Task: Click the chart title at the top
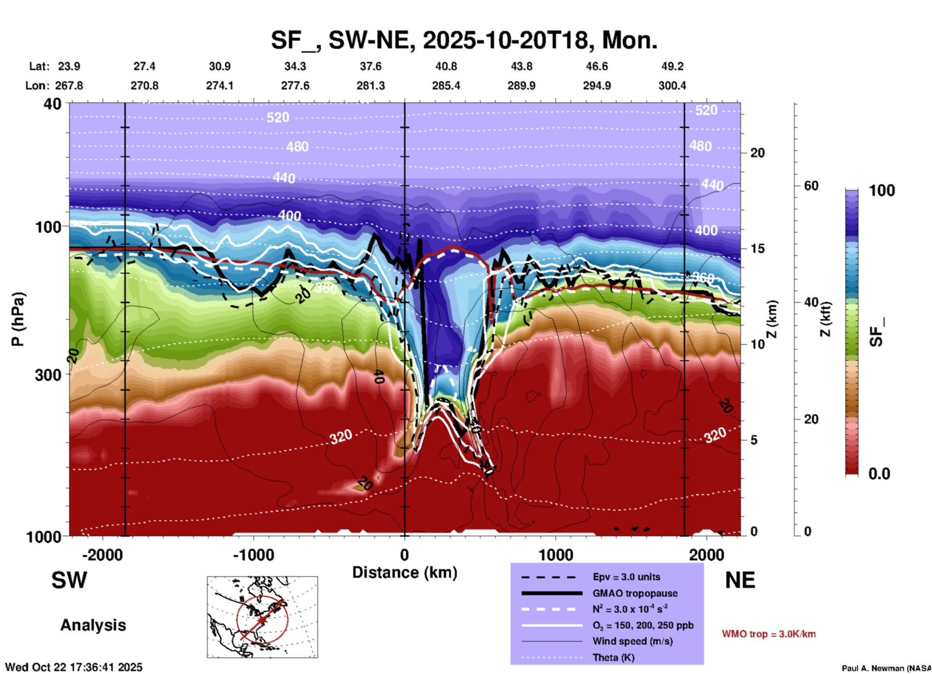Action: [x=464, y=40]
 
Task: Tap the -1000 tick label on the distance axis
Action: [x=253, y=555]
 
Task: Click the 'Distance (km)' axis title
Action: [x=405, y=572]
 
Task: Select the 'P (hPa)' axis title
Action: [x=17, y=319]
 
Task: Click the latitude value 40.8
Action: [x=446, y=66]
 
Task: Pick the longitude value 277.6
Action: [x=295, y=86]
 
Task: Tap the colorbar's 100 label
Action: [x=882, y=190]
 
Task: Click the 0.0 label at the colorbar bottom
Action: [x=879, y=474]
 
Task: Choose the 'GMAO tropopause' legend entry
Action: [x=635, y=593]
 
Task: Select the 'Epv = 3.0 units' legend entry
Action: [x=626, y=577]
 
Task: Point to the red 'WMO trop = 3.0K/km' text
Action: [x=768, y=634]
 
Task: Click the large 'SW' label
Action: [x=69, y=580]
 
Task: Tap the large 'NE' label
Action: [x=740, y=580]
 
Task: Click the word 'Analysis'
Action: [x=93, y=625]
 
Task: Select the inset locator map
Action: [x=262, y=616]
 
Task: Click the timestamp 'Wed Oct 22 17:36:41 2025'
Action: [x=74, y=667]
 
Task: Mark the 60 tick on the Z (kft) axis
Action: [x=811, y=186]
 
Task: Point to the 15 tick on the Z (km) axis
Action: [x=757, y=249]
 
